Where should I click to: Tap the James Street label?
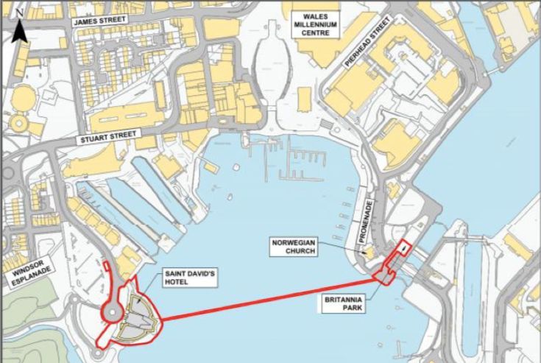point(102,22)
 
